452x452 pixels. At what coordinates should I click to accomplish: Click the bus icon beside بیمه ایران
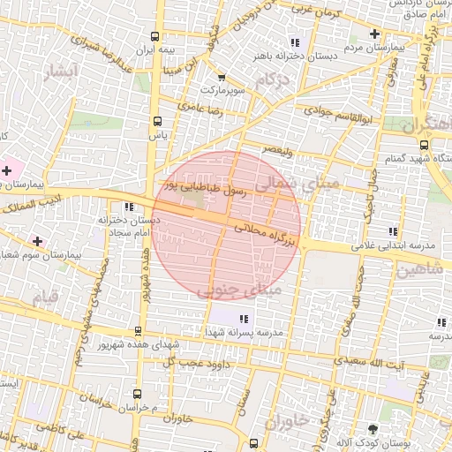155,37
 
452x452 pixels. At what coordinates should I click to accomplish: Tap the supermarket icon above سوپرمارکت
222,78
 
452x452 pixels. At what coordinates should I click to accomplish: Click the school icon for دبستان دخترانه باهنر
295,41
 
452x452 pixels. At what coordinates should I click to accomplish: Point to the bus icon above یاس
157,121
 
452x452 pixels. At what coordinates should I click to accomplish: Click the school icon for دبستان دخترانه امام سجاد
130,207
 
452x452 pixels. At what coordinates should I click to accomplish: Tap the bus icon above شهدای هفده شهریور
137,331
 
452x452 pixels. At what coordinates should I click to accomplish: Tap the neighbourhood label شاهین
418,270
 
